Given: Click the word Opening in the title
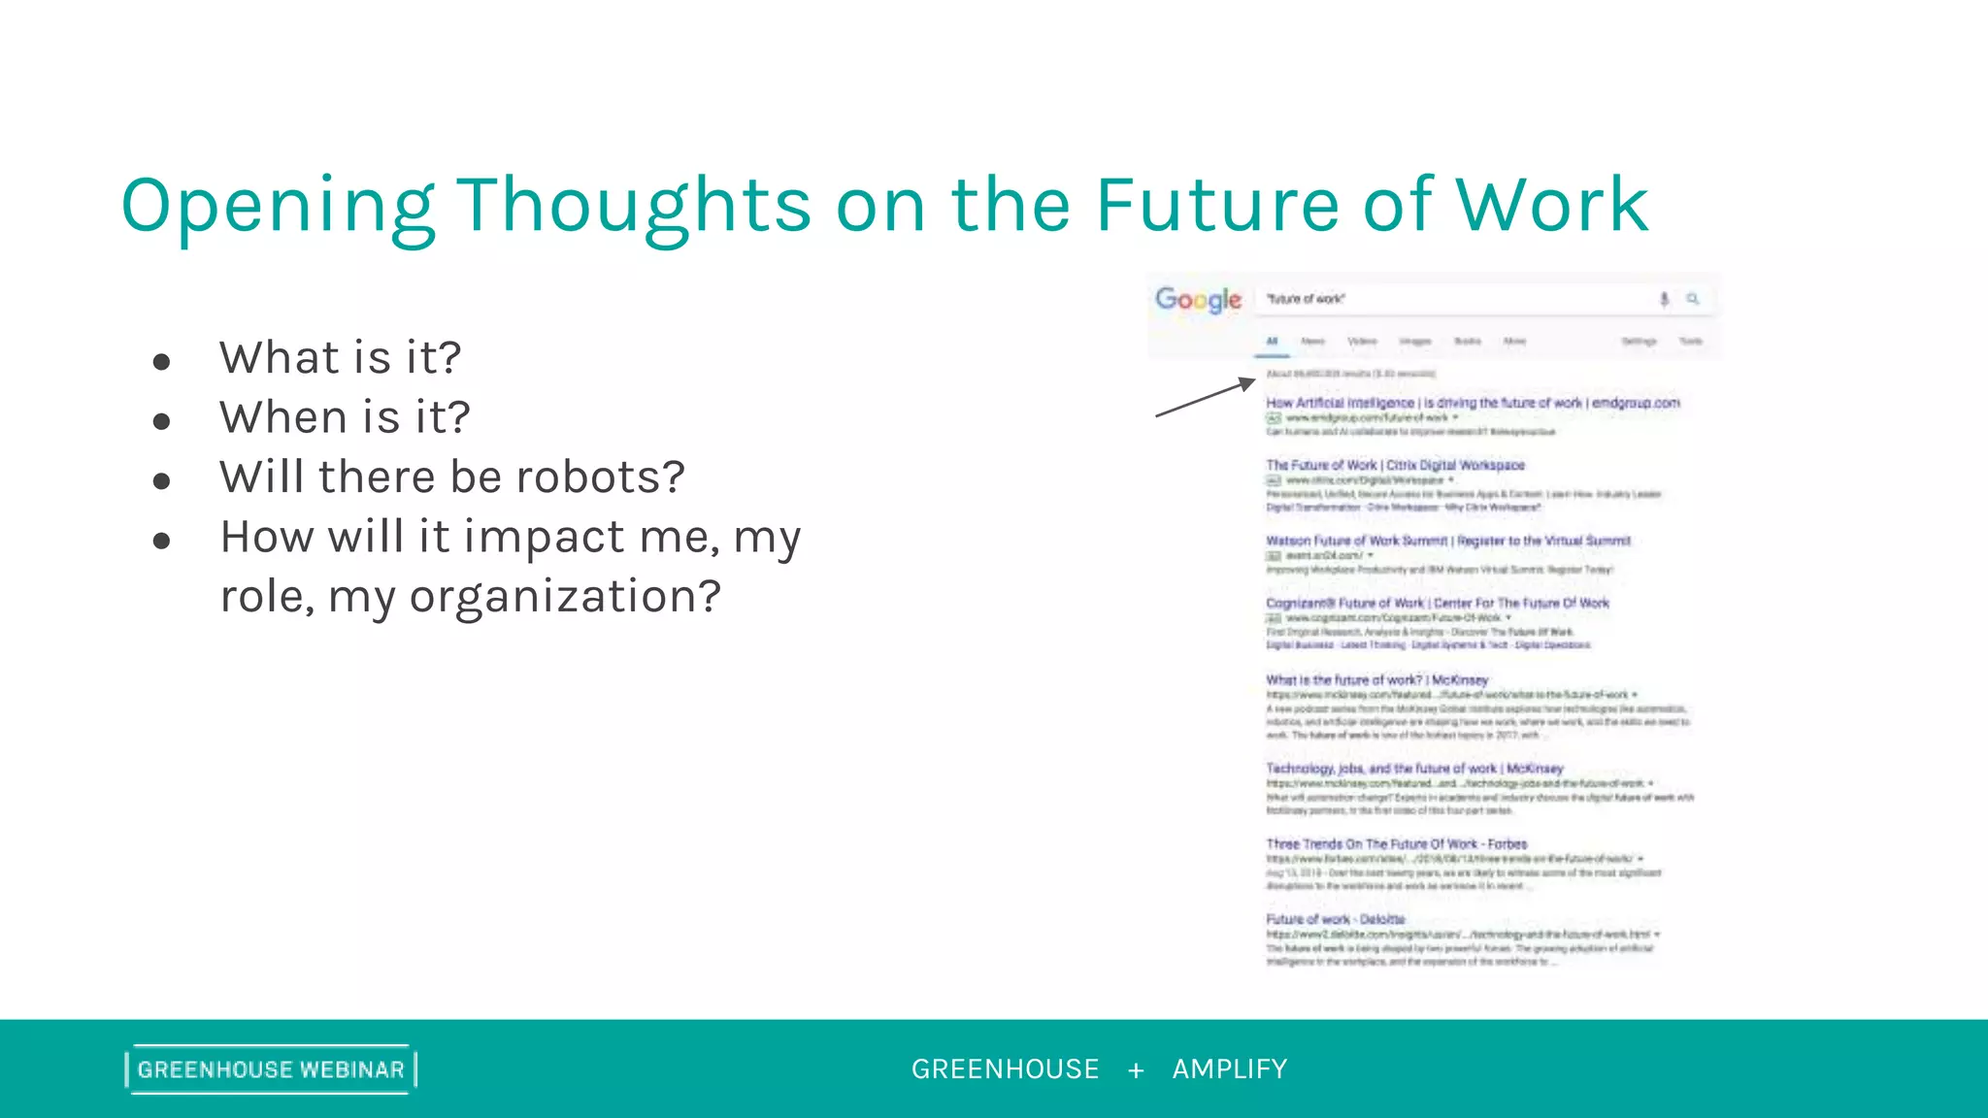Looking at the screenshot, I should [x=277, y=206].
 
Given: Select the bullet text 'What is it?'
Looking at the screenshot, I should [x=340, y=357].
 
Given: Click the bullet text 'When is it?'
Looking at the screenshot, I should [x=345, y=417].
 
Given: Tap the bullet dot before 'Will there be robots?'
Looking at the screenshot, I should [x=162, y=480].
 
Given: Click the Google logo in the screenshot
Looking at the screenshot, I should [x=1198, y=300].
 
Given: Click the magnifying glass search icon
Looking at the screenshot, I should [x=1693, y=299].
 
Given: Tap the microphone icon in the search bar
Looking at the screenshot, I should [x=1664, y=299].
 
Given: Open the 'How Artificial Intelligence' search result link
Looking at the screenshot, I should [x=1472, y=403].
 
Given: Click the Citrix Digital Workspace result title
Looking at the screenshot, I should [x=1395, y=466].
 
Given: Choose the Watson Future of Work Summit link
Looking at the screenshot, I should [x=1447, y=541].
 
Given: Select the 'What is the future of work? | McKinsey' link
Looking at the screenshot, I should [x=1376, y=680].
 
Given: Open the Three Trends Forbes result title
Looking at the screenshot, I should [x=1396, y=844].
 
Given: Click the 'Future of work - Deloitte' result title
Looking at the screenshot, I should [x=1335, y=919].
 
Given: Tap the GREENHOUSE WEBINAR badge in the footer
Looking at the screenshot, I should [x=271, y=1069].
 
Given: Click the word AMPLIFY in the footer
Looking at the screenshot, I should [x=1230, y=1069].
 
